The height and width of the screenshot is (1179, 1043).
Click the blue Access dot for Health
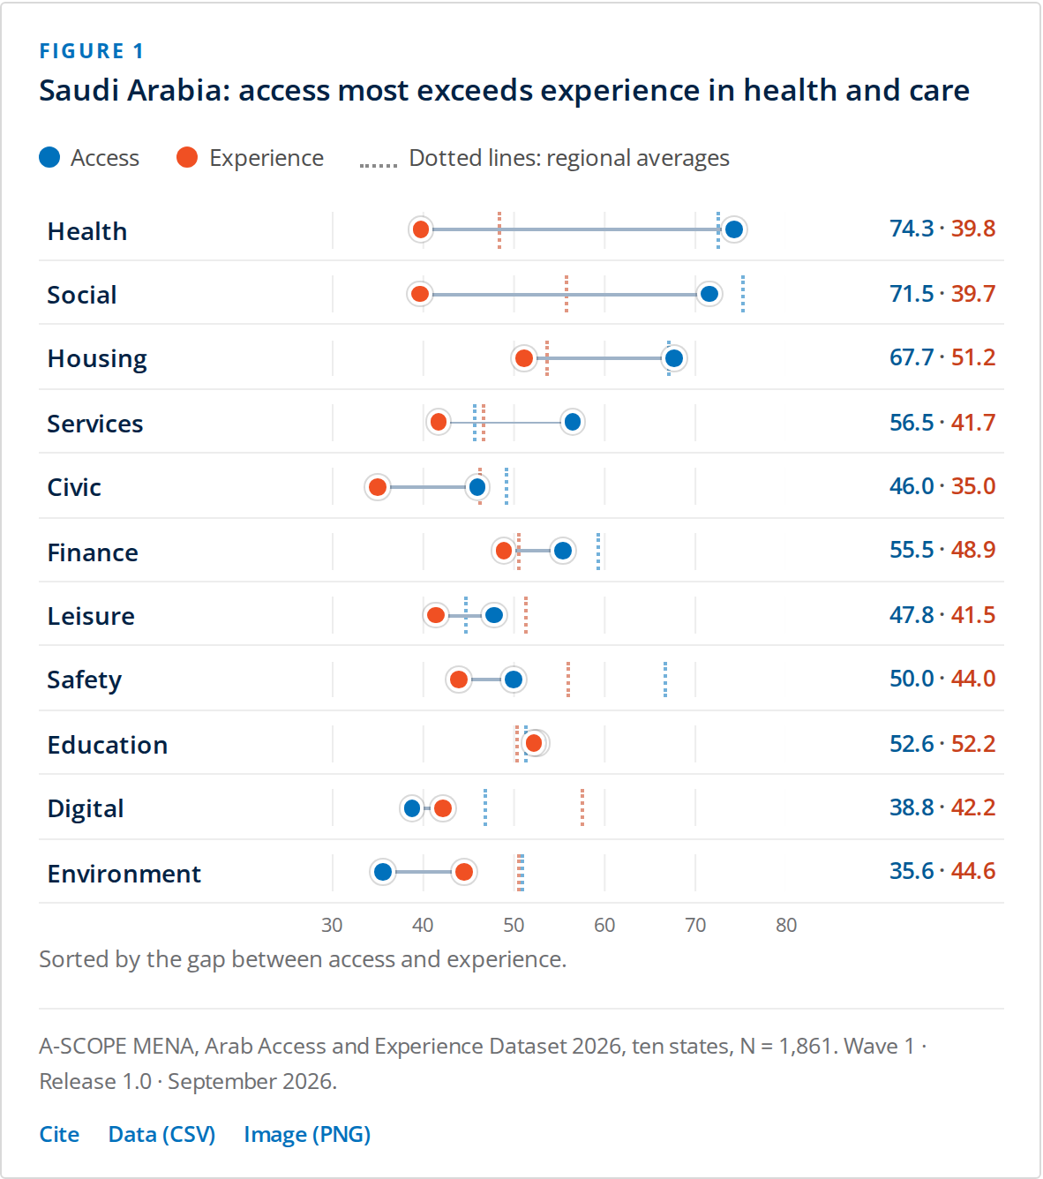tap(734, 229)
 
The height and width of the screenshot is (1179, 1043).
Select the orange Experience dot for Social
tap(420, 294)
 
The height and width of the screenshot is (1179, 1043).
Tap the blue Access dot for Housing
tap(674, 358)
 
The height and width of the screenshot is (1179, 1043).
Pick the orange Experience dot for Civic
tap(378, 487)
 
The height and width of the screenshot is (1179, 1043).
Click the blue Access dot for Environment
tap(383, 872)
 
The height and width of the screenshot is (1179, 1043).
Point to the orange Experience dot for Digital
tap(443, 808)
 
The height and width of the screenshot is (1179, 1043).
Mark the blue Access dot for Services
tap(573, 423)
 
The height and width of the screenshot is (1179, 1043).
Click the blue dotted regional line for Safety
tap(665, 680)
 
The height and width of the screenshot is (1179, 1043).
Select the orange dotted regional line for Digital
tap(582, 807)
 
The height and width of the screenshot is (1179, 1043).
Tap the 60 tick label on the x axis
tap(604, 925)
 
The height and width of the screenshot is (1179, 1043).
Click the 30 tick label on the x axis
tap(332, 925)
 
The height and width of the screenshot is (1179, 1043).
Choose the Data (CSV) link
tap(161, 1135)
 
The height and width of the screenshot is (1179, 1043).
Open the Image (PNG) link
tap(307, 1135)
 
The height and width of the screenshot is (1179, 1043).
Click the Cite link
tap(59, 1135)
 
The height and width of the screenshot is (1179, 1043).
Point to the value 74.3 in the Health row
tap(912, 229)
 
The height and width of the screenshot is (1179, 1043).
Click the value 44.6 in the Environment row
tap(973, 871)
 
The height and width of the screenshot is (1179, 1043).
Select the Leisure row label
tap(91, 616)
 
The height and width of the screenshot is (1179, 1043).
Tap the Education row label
tap(108, 745)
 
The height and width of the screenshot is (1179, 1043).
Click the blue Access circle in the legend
tap(49, 157)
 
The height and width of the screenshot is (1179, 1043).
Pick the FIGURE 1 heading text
tap(92, 51)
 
